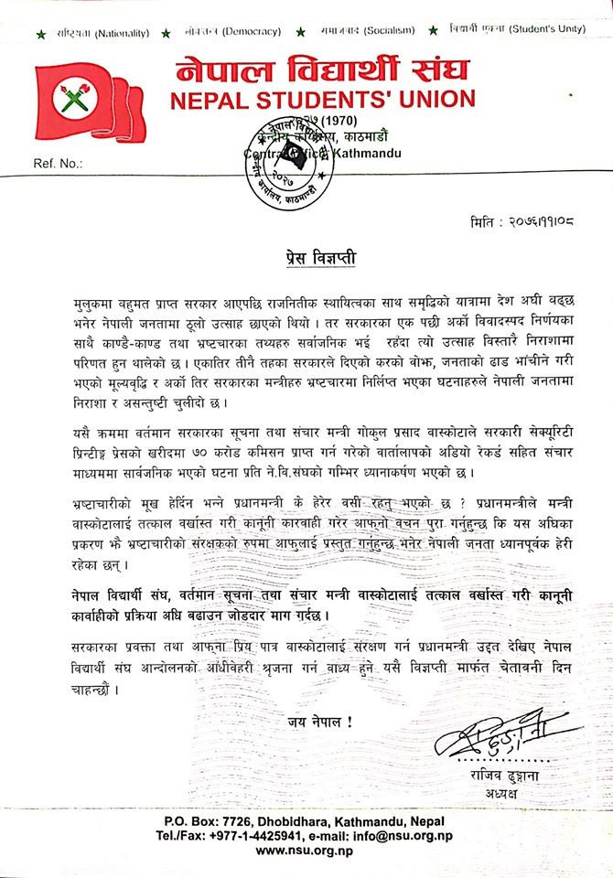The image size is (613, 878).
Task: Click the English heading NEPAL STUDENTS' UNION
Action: click(x=318, y=99)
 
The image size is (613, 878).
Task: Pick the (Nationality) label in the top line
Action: click(x=120, y=32)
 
